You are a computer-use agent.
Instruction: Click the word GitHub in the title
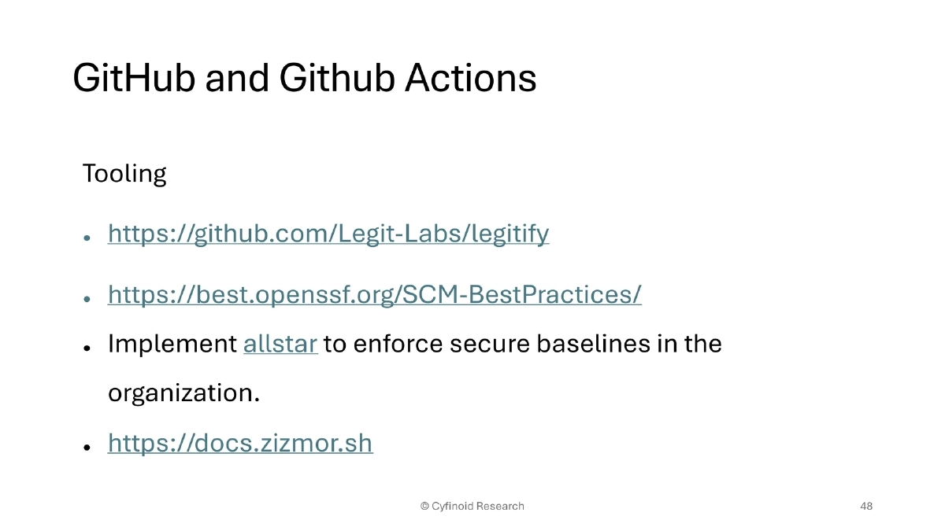(x=133, y=79)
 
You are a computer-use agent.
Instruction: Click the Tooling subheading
(x=124, y=174)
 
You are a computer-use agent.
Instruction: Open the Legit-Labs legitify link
(x=328, y=234)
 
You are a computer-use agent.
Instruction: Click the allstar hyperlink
(x=280, y=345)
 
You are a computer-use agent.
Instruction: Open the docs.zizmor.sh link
(x=240, y=444)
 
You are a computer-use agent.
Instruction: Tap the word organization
(x=183, y=393)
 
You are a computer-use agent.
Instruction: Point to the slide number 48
(x=866, y=506)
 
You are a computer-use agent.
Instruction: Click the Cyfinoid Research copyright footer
(x=472, y=506)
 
